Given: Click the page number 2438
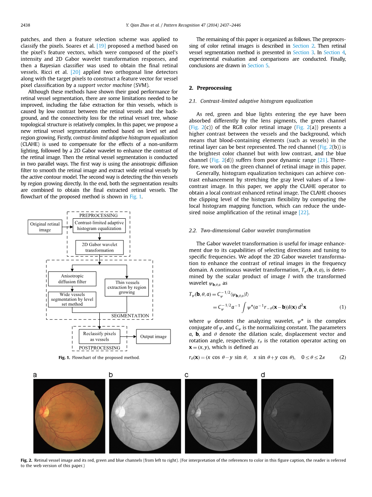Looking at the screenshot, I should coord(25,25).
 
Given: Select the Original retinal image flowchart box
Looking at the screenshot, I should coord(45,227).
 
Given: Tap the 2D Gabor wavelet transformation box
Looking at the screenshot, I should coord(99,247).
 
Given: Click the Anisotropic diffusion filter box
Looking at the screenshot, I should coord(72,279).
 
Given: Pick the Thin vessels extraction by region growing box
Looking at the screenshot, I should coord(127,288).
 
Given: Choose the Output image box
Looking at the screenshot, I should coord(153,336).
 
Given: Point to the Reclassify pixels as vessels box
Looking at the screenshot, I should coord(99,336).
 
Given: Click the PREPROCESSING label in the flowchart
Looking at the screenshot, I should coord(99,215).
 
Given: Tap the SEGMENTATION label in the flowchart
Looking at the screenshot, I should coord(130,315).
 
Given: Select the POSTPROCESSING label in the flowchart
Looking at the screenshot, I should coord(99,348).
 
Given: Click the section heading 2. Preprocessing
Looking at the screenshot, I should coord(210,88).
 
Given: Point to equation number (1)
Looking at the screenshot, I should coord(342,307).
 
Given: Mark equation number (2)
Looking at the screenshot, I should coord(342,357).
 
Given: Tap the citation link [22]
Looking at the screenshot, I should coord(303,212).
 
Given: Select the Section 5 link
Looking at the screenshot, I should coord(255,65).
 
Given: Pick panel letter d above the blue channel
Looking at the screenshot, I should coord(263,375).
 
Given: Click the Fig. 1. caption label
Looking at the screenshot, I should coord(64,358).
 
